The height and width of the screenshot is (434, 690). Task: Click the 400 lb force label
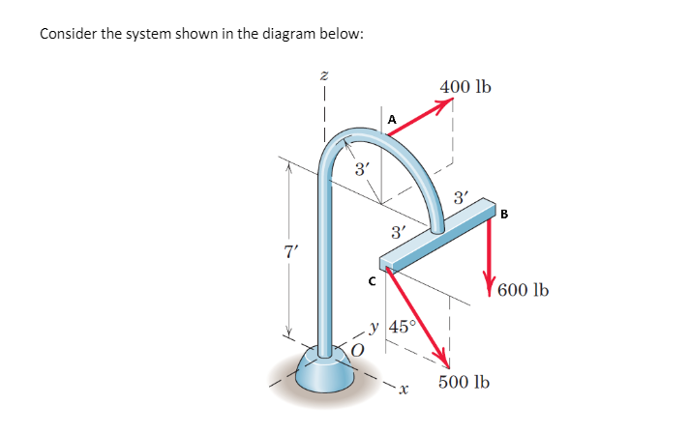465,88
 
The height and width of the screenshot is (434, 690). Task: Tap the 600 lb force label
525,289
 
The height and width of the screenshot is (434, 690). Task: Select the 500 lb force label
464,383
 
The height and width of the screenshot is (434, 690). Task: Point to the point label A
391,119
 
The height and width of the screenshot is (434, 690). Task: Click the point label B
502,215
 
